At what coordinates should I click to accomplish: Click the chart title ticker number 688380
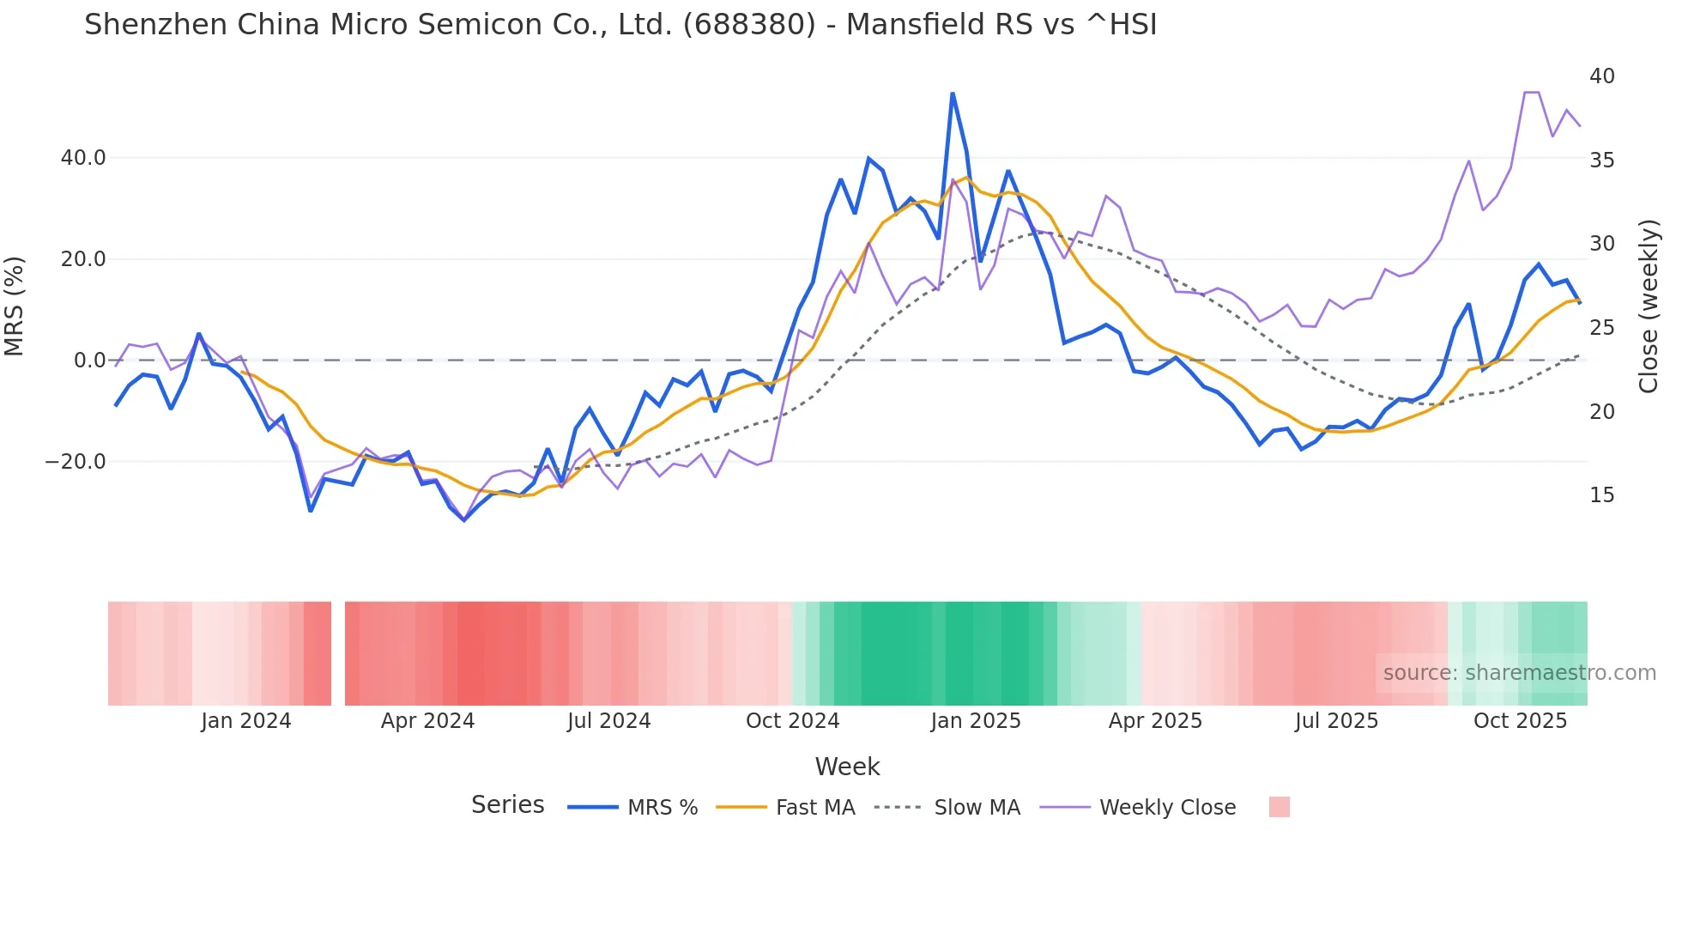pos(748,25)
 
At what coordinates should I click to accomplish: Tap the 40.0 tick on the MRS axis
pos(83,158)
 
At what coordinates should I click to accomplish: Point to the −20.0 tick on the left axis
pos(76,462)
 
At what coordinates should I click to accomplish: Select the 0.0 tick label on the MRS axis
pos(89,361)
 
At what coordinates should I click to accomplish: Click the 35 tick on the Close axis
pos(1601,161)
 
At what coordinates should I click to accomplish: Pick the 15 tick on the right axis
pos(1601,495)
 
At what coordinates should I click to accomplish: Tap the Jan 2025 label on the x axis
pos(976,721)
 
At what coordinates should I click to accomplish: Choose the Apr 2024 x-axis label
pos(427,721)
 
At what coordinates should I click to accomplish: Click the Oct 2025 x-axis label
pos(1520,721)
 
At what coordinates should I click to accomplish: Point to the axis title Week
pos(847,767)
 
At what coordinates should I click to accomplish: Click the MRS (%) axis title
pos(15,306)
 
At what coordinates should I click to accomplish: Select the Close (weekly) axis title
pos(1649,306)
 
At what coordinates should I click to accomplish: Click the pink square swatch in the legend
pos(1279,808)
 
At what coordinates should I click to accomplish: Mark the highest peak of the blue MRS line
pos(953,94)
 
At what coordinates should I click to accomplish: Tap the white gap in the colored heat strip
pos(338,653)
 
